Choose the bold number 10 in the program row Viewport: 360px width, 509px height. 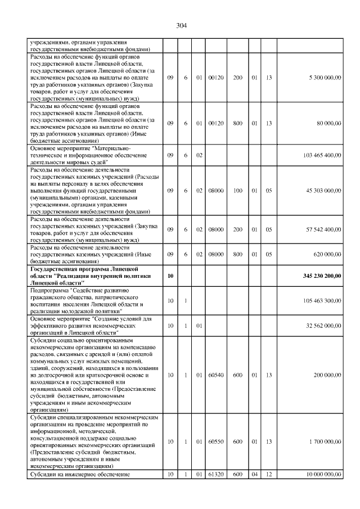(x=170, y=276)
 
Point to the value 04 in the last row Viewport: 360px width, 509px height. (x=255, y=475)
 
